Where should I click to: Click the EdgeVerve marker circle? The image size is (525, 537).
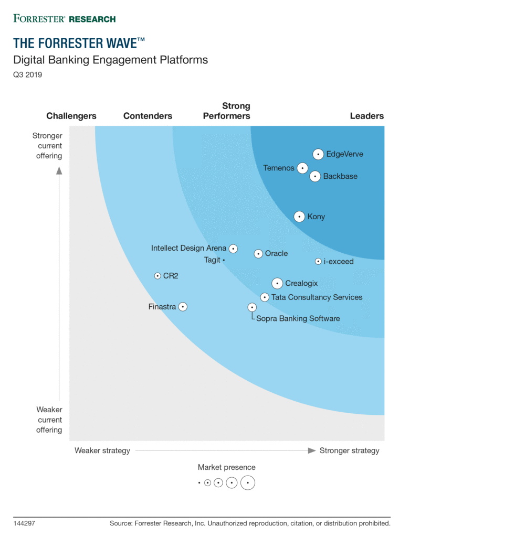coord(318,154)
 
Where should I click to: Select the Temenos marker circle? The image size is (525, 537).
coord(302,168)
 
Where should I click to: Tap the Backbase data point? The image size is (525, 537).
coord(315,176)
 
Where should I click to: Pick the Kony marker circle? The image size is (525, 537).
coord(299,217)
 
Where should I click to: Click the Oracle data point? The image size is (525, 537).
coord(258,254)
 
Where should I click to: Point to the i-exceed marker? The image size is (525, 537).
coord(318,261)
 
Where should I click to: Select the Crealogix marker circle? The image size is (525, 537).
coord(277,284)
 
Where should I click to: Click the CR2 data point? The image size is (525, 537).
coord(157,276)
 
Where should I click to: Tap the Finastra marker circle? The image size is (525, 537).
coord(183,307)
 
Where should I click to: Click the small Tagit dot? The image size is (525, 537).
coord(224,260)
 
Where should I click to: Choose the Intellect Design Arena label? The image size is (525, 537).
coord(188,248)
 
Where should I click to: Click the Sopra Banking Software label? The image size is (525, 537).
coord(298,318)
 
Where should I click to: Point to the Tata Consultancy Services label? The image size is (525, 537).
coord(317,297)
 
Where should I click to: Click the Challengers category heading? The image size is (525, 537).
coord(71,116)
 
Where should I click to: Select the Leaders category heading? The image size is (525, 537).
coord(367,116)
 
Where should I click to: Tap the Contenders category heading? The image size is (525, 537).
coord(148,116)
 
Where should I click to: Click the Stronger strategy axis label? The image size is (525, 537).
coord(349,450)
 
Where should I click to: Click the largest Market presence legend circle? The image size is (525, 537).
coord(248,482)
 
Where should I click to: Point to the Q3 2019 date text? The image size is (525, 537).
coord(28,74)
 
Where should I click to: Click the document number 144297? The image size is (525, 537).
coord(24,523)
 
